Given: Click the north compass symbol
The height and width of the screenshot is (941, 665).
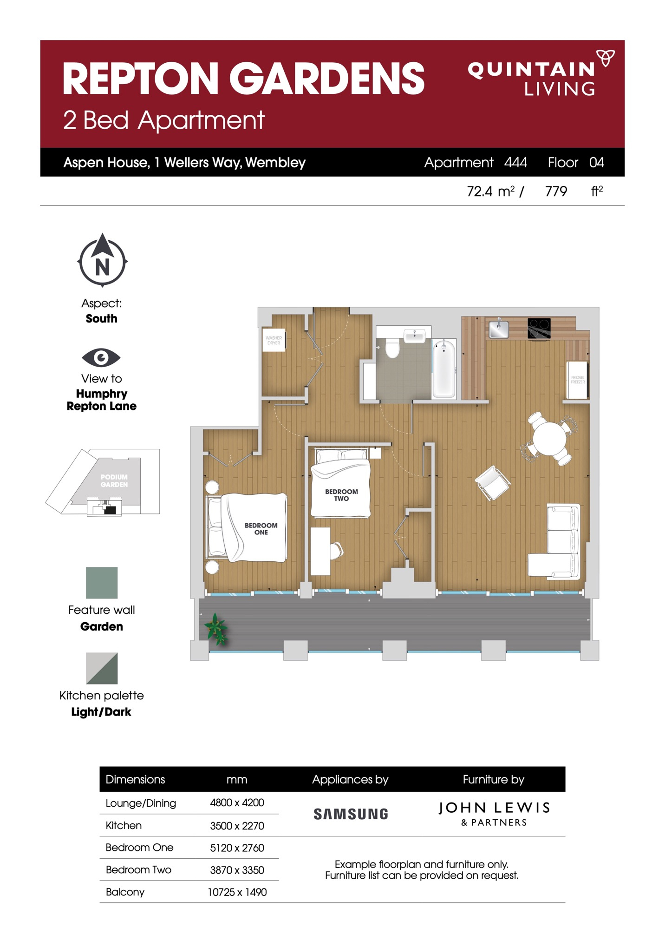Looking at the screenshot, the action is point(102,260).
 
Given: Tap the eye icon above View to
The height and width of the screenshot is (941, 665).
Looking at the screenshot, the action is point(101,357).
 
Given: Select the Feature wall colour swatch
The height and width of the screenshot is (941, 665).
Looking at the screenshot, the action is point(102,583).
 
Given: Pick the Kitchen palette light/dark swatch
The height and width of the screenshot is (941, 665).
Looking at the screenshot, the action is point(102,668).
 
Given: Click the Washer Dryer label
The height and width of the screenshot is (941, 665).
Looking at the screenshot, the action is point(274,341).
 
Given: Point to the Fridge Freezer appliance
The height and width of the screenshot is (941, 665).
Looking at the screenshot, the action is point(577,380).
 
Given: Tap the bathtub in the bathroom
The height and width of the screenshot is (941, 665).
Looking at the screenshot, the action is point(444,369).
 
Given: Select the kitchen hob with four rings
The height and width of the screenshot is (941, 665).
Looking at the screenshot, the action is point(539,329).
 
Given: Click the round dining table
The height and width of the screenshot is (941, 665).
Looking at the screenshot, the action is point(549,439).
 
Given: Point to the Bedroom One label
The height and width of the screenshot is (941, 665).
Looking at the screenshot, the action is point(261,529).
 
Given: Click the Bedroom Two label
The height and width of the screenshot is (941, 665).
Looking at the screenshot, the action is point(341,495).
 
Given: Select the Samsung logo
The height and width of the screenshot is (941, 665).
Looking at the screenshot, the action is point(351,814).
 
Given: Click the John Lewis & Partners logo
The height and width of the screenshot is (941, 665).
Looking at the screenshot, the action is point(494,814).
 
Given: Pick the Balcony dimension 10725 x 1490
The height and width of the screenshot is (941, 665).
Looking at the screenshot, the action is point(237,892).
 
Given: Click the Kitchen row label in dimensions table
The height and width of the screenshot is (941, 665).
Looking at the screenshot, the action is point(124,825).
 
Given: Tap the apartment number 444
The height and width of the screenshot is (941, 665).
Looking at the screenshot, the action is point(515,162).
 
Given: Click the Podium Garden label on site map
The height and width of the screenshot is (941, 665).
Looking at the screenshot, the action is point(114,480).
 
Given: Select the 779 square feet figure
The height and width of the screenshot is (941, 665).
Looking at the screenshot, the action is point(556,191).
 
